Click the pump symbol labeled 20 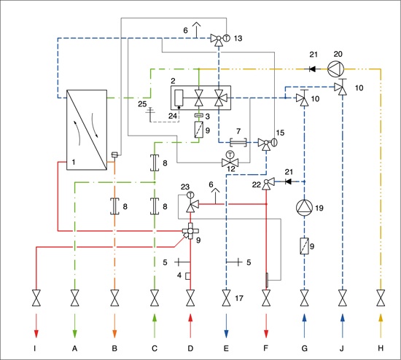click(336, 69)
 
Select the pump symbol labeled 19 click(304, 208)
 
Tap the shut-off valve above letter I click(36, 298)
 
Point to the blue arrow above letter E click(226, 326)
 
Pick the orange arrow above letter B click(114, 326)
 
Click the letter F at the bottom click(266, 348)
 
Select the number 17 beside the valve click(239, 298)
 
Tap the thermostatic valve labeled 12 click(230, 160)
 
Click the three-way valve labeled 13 click(219, 39)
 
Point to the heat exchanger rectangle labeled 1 click(87, 130)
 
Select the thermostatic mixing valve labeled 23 click(191, 202)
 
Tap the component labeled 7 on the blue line click(238, 142)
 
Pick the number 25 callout click(142, 103)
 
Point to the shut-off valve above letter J click(343, 298)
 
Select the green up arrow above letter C click(155, 326)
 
